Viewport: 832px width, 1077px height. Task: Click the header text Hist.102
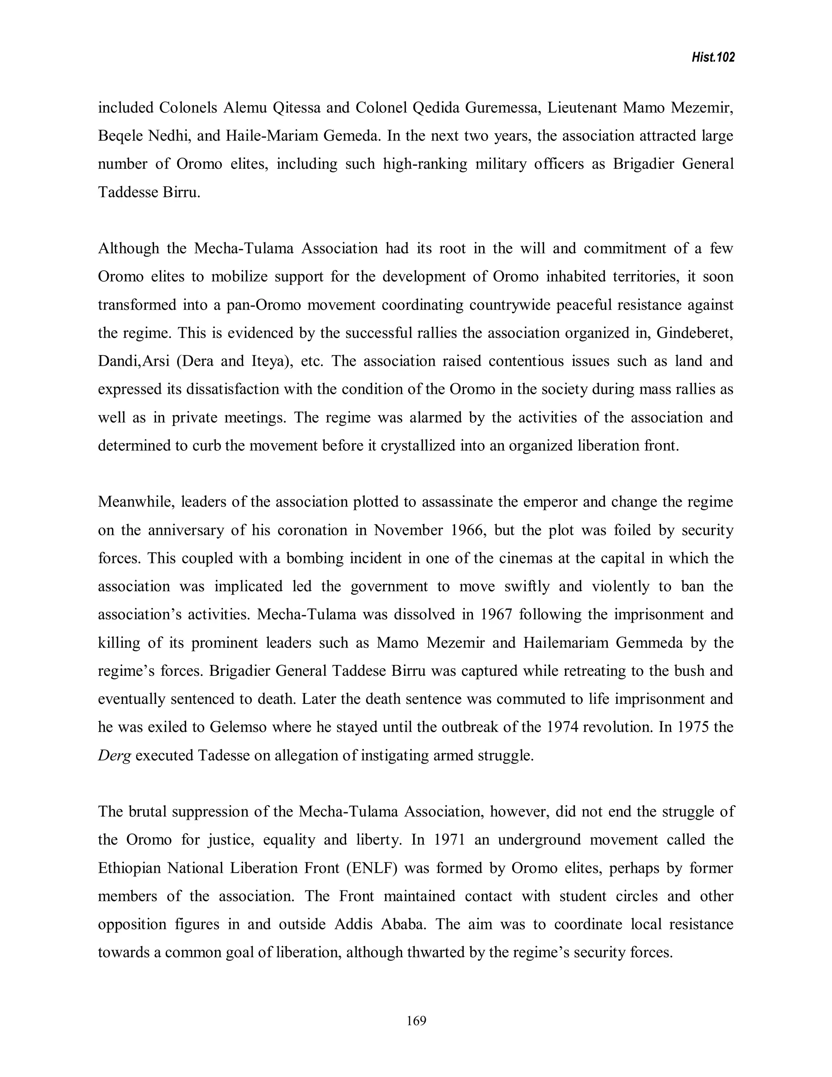click(x=713, y=58)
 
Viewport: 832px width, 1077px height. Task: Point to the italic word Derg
click(x=114, y=756)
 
